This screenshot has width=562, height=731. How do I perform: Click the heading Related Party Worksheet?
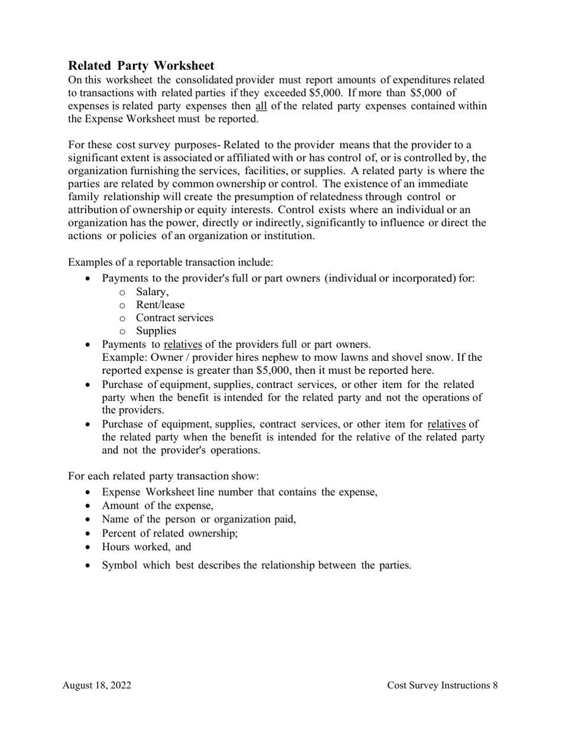click(x=141, y=66)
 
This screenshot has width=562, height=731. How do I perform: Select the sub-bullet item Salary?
click(x=152, y=292)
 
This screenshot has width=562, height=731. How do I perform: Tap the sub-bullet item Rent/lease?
click(x=160, y=305)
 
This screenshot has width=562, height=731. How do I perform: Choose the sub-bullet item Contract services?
click(x=175, y=318)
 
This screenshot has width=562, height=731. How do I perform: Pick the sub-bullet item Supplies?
click(x=156, y=331)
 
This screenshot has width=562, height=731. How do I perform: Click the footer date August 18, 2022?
click(x=97, y=685)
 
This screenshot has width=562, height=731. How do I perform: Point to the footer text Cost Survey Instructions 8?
click(x=443, y=685)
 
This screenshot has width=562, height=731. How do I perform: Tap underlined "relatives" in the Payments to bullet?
click(x=183, y=344)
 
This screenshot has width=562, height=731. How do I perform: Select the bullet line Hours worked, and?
click(x=147, y=546)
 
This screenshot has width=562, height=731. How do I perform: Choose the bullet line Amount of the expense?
click(x=157, y=505)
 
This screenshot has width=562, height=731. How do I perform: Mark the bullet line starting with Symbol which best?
click(x=256, y=565)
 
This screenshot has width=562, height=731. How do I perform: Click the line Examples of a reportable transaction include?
click(x=171, y=261)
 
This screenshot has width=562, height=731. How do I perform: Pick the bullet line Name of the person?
click(x=199, y=519)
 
